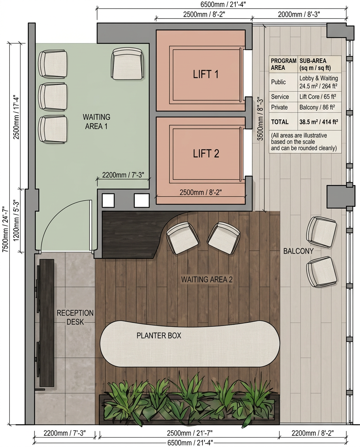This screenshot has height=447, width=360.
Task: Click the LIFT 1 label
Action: (x=206, y=74)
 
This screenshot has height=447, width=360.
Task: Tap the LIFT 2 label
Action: (x=206, y=154)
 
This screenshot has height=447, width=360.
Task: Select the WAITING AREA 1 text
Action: (x=96, y=121)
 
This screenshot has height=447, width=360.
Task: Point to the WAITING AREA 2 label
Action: (x=207, y=279)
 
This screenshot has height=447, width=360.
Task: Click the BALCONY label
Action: (x=298, y=251)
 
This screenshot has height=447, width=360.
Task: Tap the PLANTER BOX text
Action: (x=159, y=336)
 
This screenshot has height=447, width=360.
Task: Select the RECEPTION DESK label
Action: (x=75, y=317)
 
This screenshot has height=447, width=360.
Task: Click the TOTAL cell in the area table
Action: (x=280, y=122)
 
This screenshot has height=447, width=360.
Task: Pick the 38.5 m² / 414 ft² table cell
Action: (x=318, y=122)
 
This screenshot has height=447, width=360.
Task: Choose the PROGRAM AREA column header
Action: (x=283, y=64)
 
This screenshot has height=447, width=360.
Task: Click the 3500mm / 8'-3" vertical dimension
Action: (x=260, y=119)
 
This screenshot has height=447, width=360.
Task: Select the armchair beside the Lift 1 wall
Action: (x=127, y=64)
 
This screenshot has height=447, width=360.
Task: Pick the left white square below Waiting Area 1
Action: (x=108, y=200)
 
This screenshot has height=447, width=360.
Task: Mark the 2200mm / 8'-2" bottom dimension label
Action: (x=313, y=433)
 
